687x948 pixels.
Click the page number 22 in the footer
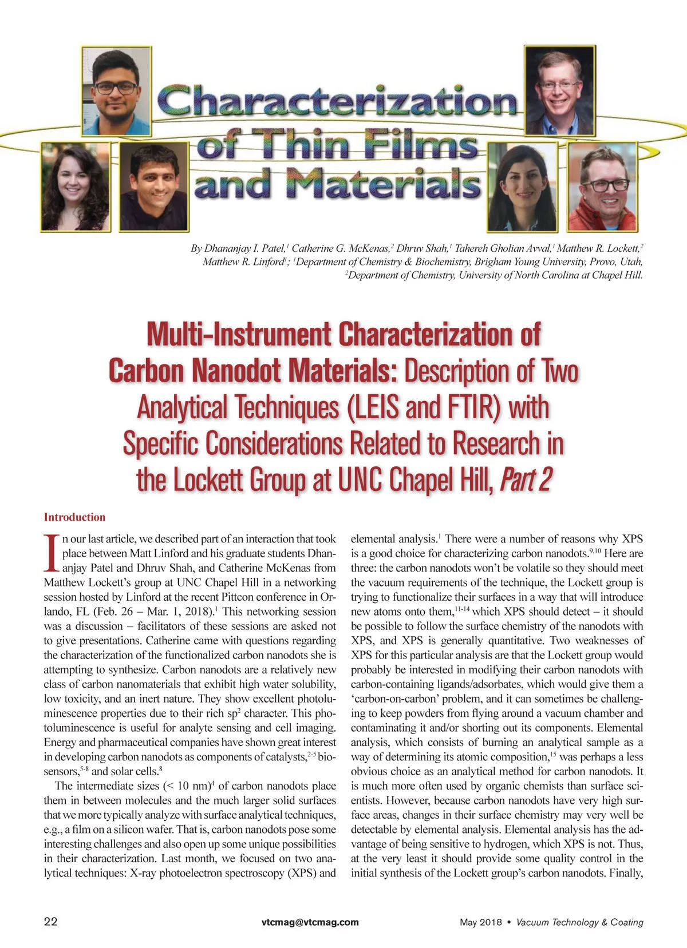point(50,922)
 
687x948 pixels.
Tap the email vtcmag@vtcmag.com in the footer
point(310,922)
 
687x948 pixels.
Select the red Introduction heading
point(74,517)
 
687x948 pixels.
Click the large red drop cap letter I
point(52,553)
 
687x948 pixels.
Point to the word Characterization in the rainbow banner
point(338,102)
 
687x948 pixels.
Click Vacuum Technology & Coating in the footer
point(579,922)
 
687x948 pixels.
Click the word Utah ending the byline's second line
point(631,261)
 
